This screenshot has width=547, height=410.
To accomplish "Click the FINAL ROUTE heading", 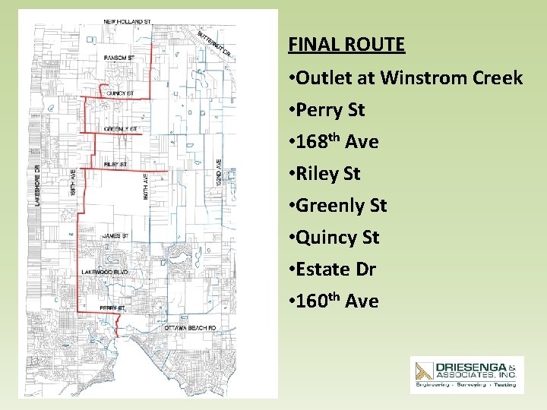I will (x=346, y=45).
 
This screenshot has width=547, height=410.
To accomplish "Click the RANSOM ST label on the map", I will (x=119, y=58).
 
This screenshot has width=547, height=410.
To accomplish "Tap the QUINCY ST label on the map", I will (x=120, y=93).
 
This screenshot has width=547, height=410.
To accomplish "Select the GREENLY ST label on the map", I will (x=121, y=129).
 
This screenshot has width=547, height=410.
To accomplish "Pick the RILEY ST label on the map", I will (x=115, y=164).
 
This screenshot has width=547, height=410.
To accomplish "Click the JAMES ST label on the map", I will (x=115, y=236).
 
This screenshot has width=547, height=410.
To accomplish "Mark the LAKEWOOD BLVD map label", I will (x=106, y=272).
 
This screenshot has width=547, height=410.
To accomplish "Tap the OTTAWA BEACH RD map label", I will (x=191, y=328).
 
